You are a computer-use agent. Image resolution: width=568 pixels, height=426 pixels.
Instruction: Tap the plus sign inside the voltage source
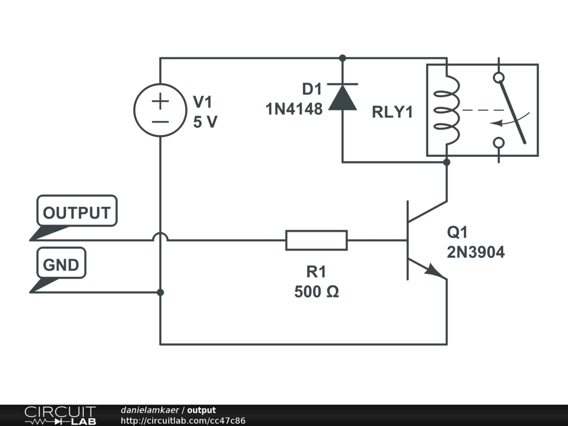tap(160, 101)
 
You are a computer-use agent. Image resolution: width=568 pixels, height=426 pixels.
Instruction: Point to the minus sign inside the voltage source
tap(160, 121)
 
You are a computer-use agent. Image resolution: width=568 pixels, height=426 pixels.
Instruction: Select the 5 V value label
tap(205, 121)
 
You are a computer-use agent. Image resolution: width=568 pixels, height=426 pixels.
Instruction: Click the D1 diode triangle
tap(342, 98)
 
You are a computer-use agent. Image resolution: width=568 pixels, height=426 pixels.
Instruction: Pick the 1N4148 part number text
tap(294, 109)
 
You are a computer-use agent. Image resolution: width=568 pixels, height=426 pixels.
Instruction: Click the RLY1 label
tap(392, 112)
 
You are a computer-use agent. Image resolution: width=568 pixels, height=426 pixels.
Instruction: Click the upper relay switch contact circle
tap(499, 78)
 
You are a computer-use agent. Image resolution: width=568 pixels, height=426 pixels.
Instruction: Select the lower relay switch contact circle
tap(499, 143)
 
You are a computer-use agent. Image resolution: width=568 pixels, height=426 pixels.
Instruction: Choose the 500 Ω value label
tap(317, 292)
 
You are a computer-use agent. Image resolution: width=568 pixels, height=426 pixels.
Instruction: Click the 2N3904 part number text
tap(475, 252)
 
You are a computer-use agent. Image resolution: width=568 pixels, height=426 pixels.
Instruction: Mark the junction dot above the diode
tap(342, 58)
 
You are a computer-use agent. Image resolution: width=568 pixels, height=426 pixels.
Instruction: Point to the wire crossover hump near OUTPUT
tap(160, 234)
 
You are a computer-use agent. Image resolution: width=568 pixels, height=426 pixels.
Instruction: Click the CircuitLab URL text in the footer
tap(183, 420)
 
